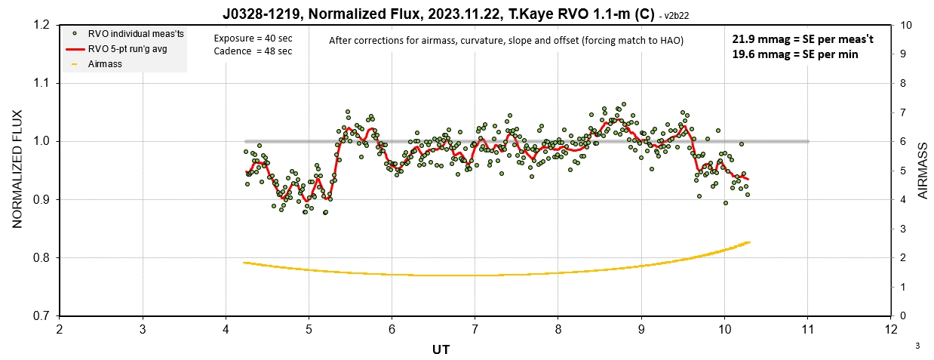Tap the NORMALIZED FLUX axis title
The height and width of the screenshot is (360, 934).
[17, 170]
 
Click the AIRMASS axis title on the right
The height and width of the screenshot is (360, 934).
[922, 171]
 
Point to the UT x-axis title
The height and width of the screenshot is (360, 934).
[441, 350]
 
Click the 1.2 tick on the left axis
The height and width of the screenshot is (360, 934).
[41, 25]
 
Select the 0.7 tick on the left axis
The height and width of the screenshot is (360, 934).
[41, 315]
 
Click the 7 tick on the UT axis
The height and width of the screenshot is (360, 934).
[475, 330]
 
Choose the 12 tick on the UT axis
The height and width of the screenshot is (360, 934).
[891, 330]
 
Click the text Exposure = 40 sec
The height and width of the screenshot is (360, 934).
[252, 38]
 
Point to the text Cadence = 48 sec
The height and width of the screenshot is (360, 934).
[252, 51]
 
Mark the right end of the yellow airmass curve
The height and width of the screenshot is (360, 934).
[749, 242]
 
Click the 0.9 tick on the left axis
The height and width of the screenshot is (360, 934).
[41, 199]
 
